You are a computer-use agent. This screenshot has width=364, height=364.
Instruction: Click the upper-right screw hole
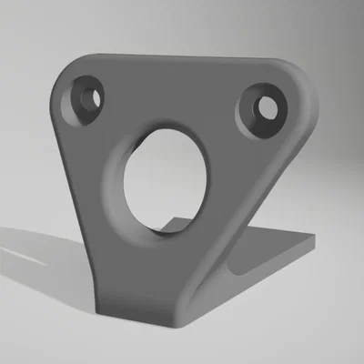click(x=268, y=107)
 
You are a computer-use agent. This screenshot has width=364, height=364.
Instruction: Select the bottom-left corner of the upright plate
click(x=101, y=300)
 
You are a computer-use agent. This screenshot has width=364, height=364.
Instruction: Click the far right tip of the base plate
click(x=313, y=238)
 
